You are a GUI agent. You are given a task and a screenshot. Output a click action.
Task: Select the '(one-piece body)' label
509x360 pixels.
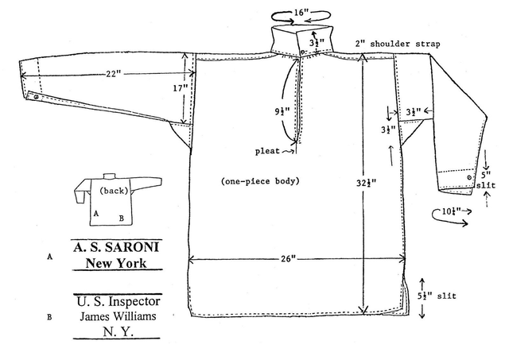click(x=260, y=181)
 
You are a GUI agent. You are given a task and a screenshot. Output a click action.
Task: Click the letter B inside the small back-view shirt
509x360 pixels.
click(x=120, y=216)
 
